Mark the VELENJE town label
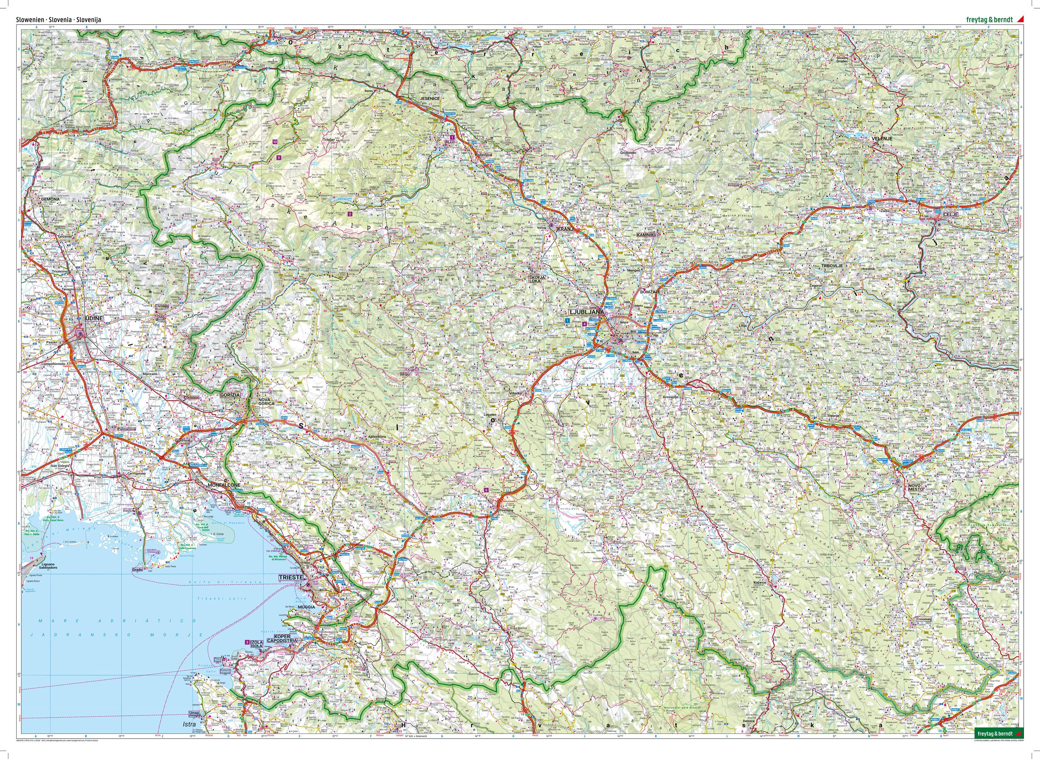click(882, 138)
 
